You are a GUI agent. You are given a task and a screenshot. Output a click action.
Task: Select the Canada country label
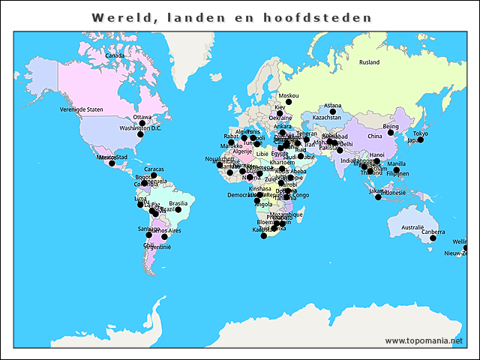click(x=114, y=55)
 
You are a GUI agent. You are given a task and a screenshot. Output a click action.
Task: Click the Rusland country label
click(x=369, y=62)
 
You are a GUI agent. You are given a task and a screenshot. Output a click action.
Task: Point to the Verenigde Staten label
click(x=81, y=109)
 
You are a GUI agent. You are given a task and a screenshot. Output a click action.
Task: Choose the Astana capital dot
click(x=333, y=112)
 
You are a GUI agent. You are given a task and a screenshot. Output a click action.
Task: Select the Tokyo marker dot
click(x=421, y=140)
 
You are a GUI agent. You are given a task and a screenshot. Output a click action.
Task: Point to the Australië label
click(x=412, y=227)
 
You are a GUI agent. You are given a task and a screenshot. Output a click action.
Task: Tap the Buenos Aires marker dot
click(x=164, y=237)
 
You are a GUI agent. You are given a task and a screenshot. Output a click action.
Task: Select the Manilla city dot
click(x=396, y=169)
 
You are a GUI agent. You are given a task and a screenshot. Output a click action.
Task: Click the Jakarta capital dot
click(x=378, y=196)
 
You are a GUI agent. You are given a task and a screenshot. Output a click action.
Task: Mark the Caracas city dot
click(x=154, y=175)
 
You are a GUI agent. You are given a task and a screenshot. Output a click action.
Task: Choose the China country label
click(x=374, y=136)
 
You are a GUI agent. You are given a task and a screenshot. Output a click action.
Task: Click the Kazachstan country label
click(x=326, y=118)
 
